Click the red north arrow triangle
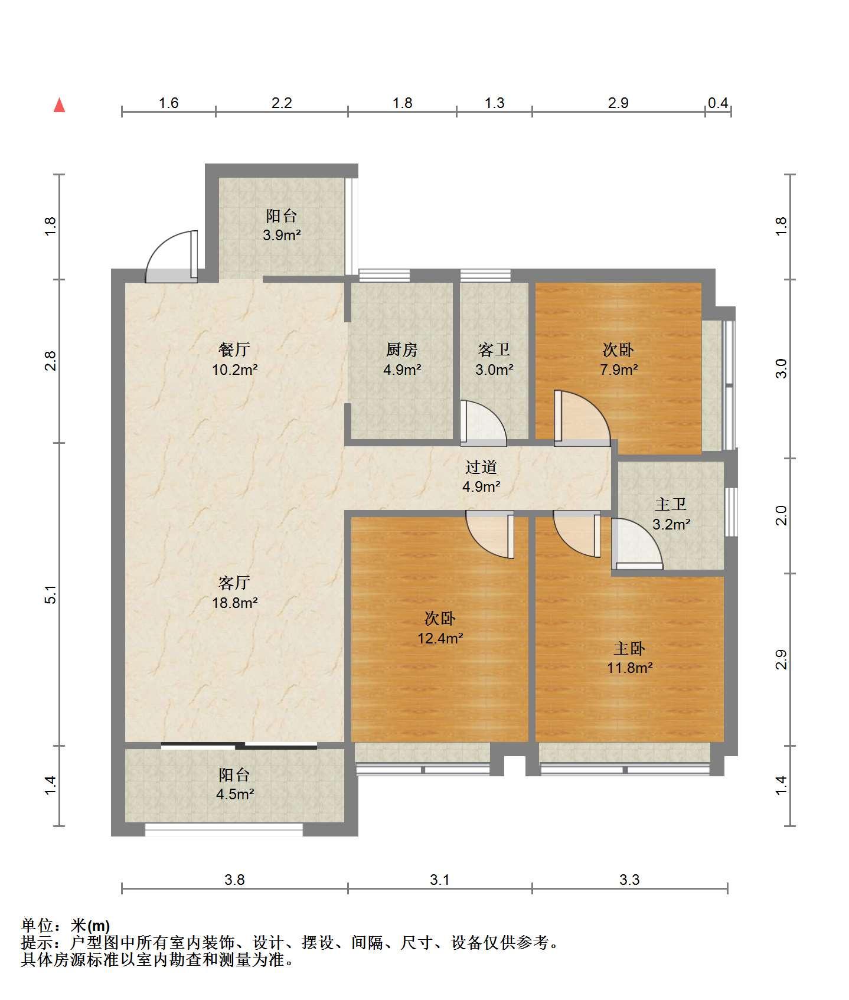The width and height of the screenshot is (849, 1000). [59, 105]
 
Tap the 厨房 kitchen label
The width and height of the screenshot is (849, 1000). [401, 350]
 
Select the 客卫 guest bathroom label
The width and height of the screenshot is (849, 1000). [494, 350]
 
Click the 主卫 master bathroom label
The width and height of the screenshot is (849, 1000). [671, 504]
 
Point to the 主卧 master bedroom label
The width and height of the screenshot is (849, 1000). [629, 648]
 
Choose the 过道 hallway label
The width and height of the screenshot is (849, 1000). [481, 468]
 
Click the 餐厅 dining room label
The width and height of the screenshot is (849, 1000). [234, 349]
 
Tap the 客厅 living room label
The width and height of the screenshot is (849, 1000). [234, 583]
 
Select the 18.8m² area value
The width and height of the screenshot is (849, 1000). [234, 603]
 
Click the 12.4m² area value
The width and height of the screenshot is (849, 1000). [440, 638]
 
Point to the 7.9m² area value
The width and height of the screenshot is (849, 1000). [618, 370]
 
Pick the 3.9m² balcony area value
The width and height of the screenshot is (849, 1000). [282, 236]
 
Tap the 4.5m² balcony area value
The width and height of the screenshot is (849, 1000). [234, 794]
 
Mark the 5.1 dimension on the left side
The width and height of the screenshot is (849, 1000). [51, 594]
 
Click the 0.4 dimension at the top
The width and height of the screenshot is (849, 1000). [718, 103]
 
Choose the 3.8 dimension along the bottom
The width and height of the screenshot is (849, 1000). [234, 880]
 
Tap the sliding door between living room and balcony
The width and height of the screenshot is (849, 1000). [239, 746]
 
